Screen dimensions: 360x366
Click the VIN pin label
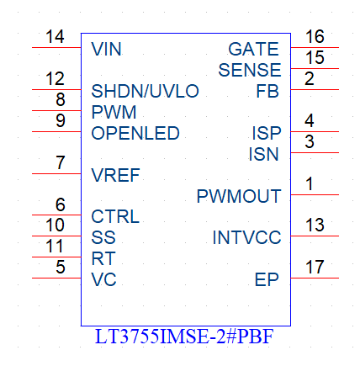tap(106, 49)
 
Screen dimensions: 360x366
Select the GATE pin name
tap(253, 49)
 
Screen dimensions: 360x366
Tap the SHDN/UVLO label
tap(145, 91)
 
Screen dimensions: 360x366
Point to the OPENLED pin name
tap(135, 133)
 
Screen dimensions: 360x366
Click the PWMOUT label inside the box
tap(239, 196)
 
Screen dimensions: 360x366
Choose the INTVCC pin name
tap(246, 237)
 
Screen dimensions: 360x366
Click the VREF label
tap(115, 175)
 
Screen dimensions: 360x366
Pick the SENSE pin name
tap(250, 70)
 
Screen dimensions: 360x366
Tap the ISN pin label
tap(263, 154)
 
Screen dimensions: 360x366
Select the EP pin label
tap(267, 279)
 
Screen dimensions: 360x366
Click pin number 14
tap(55, 37)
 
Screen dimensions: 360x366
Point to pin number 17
tap(315, 267)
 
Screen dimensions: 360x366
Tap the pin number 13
tap(315, 225)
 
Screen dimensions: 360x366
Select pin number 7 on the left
tap(61, 162)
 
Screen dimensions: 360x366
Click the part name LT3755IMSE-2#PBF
tap(184, 337)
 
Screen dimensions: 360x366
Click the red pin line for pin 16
tap(315, 47)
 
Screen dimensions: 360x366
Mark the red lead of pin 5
tap(56, 278)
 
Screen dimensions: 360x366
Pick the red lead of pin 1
tap(315, 194)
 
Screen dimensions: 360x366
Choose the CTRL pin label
tap(115, 216)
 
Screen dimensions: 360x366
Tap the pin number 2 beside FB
tap(310, 79)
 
